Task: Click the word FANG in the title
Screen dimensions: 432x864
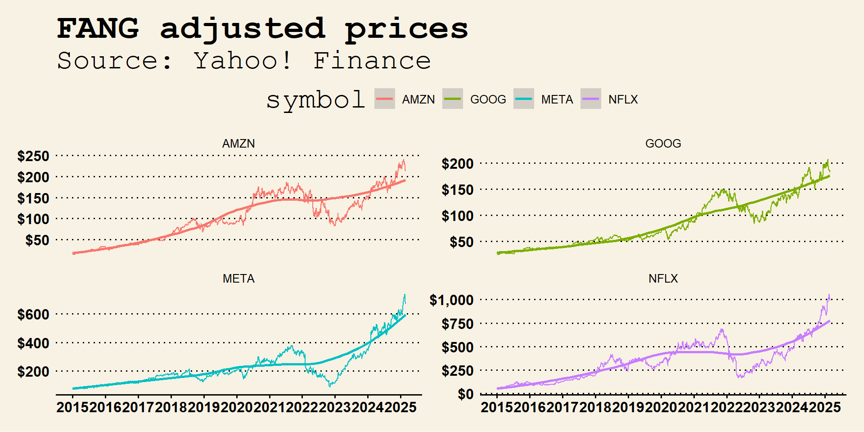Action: tap(98, 28)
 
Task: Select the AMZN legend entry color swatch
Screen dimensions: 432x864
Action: tap(384, 99)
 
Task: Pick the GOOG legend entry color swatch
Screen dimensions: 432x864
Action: tap(452, 99)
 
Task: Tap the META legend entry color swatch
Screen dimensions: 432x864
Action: tap(524, 99)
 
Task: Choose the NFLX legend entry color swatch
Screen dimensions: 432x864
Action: tap(590, 99)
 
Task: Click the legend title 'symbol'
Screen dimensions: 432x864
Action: tap(315, 99)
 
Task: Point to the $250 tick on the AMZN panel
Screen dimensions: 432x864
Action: tap(33, 156)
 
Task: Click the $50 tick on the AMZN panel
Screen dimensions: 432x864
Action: tap(37, 240)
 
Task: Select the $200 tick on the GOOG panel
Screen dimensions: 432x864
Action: tap(458, 164)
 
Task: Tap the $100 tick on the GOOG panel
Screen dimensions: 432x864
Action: tap(458, 216)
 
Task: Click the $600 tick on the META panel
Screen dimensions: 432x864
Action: tap(33, 315)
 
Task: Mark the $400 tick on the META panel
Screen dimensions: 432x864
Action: tap(33, 343)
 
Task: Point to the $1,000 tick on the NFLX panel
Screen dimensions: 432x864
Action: tap(451, 300)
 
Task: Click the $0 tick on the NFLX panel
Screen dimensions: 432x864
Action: tap(465, 394)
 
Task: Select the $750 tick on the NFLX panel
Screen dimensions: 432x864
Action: tap(458, 324)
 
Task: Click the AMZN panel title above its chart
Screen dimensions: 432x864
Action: tap(238, 144)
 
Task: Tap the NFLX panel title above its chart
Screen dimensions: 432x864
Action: tap(663, 279)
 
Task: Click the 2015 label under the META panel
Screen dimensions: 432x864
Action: tap(72, 407)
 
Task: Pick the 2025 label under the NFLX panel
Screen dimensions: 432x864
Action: tap(824, 407)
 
